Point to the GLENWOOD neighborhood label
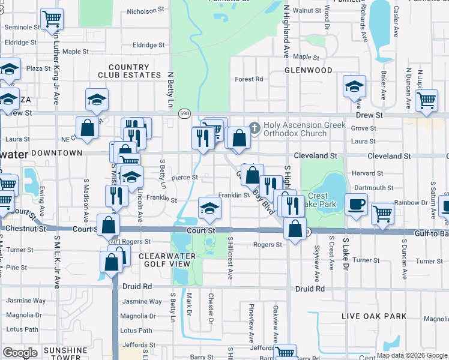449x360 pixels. coord(309,70)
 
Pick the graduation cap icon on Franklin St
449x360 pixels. coord(209,207)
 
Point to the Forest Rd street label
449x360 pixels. coord(249,79)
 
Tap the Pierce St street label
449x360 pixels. coord(184,178)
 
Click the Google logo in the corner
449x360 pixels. coord(20,353)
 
